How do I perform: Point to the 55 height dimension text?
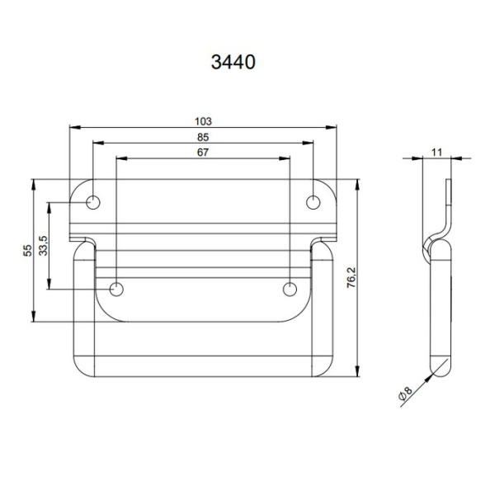click(27, 250)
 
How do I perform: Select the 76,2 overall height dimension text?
click(351, 277)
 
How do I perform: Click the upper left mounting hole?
click(94, 202)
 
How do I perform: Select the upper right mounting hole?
click(313, 202)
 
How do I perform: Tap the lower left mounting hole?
click(117, 289)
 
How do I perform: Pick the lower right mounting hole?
click(290, 289)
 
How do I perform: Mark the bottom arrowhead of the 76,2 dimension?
click(358, 371)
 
